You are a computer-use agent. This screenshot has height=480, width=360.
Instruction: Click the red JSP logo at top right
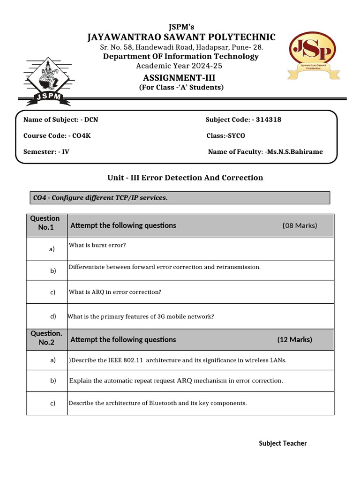click(312, 52)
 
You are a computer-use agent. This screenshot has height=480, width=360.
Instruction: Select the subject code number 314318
click(267, 120)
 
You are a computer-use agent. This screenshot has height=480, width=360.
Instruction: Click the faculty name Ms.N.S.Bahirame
click(294, 151)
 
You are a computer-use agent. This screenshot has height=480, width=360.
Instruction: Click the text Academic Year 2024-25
click(181, 66)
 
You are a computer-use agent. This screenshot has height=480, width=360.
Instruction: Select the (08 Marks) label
click(300, 225)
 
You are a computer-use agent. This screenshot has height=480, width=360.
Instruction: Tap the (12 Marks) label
click(294, 339)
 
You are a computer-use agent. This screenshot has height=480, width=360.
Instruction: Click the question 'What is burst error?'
click(97, 245)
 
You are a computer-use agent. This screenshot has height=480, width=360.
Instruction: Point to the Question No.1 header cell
click(45, 223)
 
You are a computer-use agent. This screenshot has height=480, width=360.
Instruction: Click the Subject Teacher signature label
click(283, 443)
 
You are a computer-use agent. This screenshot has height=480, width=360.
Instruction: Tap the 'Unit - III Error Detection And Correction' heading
click(186, 178)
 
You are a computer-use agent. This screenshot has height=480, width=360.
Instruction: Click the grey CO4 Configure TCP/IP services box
click(179, 198)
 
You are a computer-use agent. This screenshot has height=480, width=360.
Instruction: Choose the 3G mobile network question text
click(141, 316)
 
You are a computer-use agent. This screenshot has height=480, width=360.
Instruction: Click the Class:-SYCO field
click(225, 135)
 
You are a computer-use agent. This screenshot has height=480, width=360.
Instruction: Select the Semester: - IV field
click(46, 151)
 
